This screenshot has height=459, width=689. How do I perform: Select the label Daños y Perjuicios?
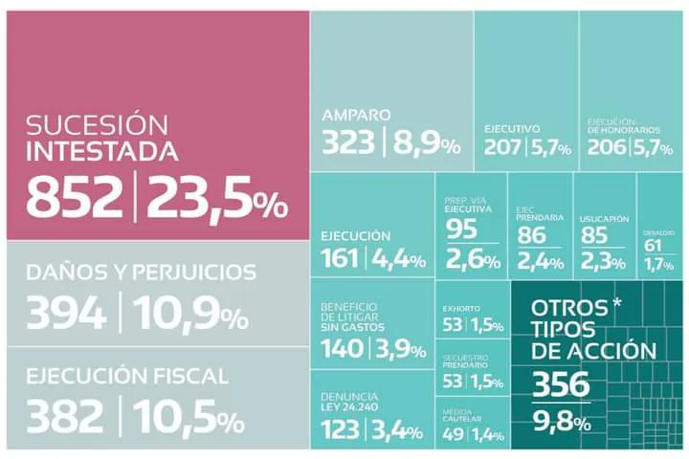pos(142,272)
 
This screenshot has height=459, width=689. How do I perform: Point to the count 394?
pos(65,314)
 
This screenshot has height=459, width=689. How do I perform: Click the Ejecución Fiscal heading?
pos(127,376)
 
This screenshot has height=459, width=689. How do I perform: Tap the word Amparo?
pos(356,115)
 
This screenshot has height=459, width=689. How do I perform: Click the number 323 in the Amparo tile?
pos(350,143)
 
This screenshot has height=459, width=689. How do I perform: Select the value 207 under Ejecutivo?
pos(502,147)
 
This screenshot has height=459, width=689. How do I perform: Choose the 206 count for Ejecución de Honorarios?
pos(607,147)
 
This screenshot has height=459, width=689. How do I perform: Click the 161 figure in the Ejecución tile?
pos(339,257)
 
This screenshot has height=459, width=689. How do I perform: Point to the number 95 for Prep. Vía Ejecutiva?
pos(461,229)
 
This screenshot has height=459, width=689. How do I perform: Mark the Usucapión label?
pos(605,218)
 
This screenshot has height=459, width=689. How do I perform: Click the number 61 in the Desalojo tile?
pos(653,246)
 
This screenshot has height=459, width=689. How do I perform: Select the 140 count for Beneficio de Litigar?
pos(344,349)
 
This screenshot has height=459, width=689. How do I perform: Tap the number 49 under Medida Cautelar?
pos(454,435)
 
